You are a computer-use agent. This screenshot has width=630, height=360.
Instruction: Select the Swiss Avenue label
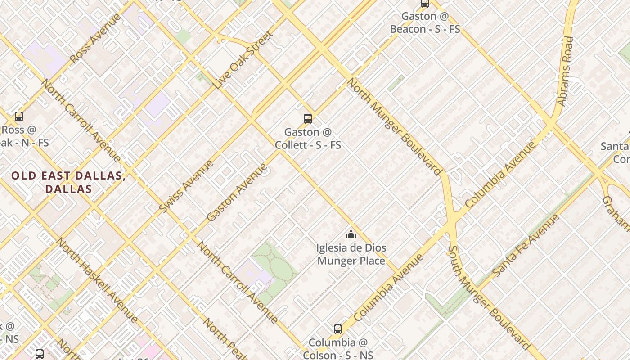coord(186,186)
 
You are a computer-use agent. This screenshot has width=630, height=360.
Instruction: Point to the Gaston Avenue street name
coord(237,192)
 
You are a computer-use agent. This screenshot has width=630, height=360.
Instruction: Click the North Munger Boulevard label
coord(394,126)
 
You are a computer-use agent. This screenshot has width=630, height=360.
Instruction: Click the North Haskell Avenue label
coord(96,280)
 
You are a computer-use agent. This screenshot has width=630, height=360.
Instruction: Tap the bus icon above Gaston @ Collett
coord(308,119)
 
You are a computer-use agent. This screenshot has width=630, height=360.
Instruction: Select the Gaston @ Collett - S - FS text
coord(308,139)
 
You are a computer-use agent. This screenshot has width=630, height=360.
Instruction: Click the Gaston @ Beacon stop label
coord(425,22)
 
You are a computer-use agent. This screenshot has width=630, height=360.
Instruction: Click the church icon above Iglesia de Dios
coord(351,234)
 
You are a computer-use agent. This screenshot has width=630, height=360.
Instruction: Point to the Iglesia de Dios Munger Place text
coord(351,254)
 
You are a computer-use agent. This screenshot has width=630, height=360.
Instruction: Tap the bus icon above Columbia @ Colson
coord(338,329)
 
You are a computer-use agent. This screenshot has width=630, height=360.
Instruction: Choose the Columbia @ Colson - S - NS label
coord(338,349)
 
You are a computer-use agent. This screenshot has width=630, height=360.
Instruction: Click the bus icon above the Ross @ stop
coord(19,117)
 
